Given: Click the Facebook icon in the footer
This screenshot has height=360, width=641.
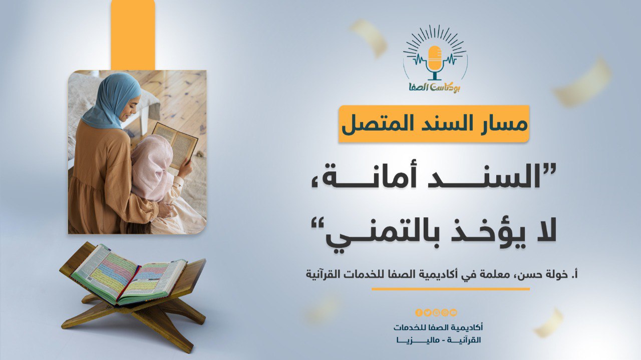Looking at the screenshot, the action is pyautogui.click(x=419, y=312).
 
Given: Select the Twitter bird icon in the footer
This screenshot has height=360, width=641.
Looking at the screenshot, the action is pyautogui.click(x=427, y=312).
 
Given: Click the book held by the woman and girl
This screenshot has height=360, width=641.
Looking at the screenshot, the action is pyautogui.click(x=175, y=145).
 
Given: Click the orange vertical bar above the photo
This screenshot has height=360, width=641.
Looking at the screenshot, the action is pyautogui.click(x=133, y=35).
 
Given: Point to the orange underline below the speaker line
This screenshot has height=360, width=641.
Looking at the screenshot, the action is pyautogui.click(x=450, y=289).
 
